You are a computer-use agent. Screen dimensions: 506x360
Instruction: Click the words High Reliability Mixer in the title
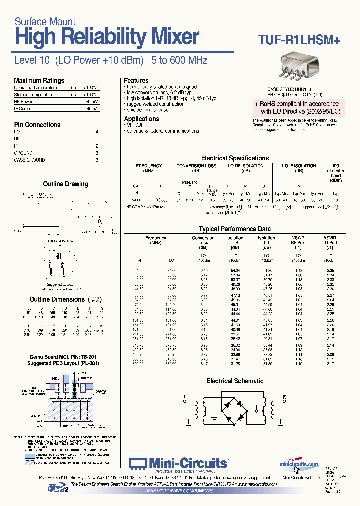pyautogui.click(x=107, y=37)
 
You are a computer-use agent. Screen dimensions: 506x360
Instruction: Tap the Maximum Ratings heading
pyautogui.click(x=39, y=80)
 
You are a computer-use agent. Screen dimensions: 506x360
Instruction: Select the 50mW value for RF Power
pyautogui.click(x=91, y=101)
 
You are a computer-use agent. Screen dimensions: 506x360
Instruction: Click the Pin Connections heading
pyautogui.click(x=37, y=125)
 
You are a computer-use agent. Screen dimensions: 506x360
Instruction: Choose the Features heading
pyautogui.click(x=136, y=80)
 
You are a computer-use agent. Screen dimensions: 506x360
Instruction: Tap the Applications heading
pyautogui.click(x=142, y=119)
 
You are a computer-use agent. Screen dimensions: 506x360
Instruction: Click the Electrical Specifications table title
pyautogui.click(x=235, y=158)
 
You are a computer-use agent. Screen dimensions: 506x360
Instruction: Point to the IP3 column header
pyautogui.click(x=335, y=166)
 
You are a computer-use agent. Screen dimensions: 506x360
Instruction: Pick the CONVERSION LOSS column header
pyautogui.click(x=196, y=166)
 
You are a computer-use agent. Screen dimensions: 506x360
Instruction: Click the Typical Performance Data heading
pyautogui.click(x=235, y=229)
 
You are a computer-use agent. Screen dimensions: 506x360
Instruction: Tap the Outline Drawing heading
pyautogui.click(x=65, y=184)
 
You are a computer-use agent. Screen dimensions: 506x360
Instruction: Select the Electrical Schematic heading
pyautogui.click(x=235, y=381)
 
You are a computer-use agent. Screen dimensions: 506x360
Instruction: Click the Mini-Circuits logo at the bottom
pyautogui.click(x=179, y=464)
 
